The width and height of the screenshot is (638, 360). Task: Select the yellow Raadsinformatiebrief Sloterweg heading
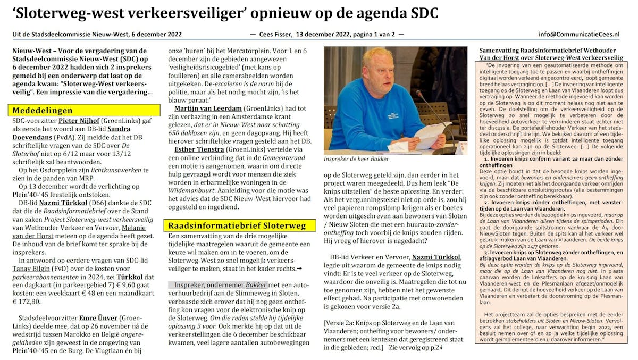(x=237, y=225)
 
